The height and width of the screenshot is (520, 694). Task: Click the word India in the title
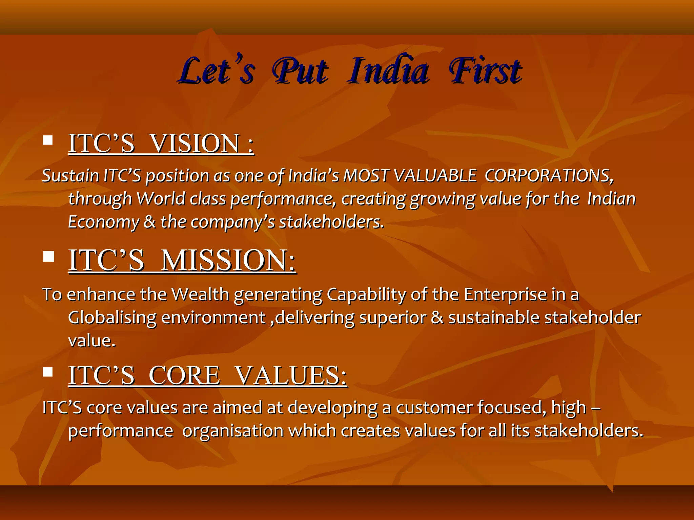[x=388, y=71]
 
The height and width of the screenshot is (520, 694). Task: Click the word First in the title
[x=485, y=71]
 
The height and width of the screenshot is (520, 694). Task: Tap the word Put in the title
[x=300, y=71]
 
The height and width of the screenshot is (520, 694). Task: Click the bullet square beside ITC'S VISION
[x=48, y=140]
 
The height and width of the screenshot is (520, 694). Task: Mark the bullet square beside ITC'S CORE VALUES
[x=48, y=372]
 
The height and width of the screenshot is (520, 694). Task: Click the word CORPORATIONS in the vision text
[x=548, y=176]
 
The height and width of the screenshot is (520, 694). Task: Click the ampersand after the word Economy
[x=149, y=222]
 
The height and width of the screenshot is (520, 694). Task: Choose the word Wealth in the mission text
[x=200, y=294]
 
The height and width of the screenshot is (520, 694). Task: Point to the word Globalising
[x=112, y=318]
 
